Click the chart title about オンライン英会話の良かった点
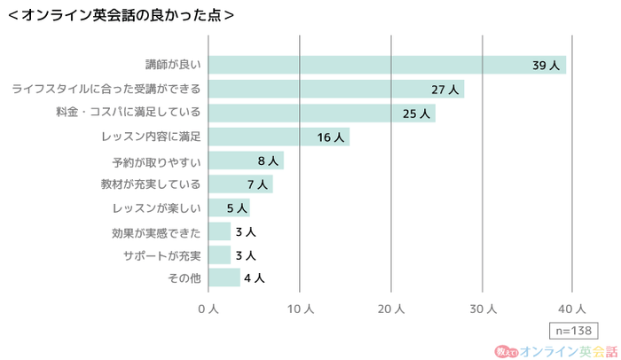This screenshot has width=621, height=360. [120, 14]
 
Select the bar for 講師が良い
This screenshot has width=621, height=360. [387, 65]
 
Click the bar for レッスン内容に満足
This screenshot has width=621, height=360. [279, 137]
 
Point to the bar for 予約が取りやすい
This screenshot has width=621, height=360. [246, 160]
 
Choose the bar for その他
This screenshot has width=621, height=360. [224, 278]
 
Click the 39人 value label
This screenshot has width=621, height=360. [544, 66]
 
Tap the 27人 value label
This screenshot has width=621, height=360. [444, 90]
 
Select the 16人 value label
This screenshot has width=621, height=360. [329, 137]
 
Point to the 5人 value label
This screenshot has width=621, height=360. [235, 208]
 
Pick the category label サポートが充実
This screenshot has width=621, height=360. [162, 255]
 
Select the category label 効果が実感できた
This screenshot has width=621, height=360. [157, 232]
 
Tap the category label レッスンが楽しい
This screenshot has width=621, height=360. [157, 208]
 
